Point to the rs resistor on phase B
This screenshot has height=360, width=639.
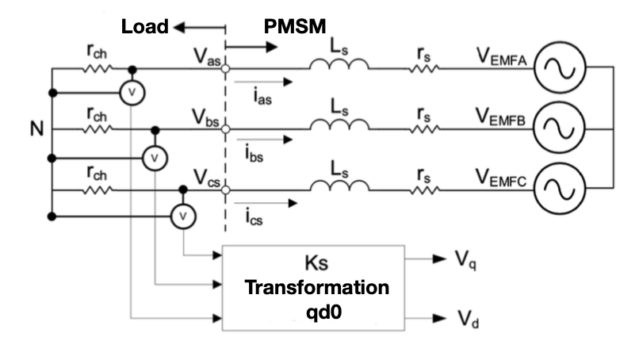(424, 128)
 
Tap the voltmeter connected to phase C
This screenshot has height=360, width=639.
(183, 214)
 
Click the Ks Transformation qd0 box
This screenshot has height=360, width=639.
(316, 287)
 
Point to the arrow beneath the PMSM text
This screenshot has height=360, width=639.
(255, 45)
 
